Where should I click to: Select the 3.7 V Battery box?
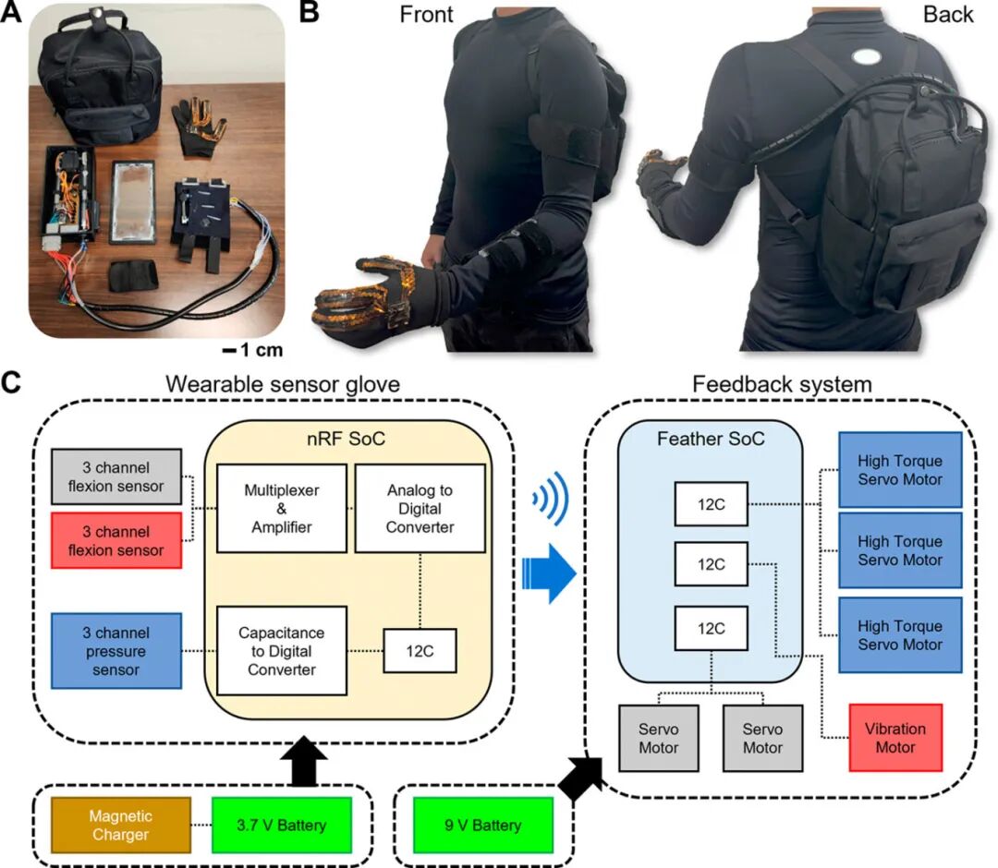[281, 825]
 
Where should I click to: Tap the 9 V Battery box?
[483, 825]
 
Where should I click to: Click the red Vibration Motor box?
[895, 738]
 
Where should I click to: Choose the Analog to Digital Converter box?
[420, 507]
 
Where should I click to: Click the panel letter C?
[12, 380]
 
